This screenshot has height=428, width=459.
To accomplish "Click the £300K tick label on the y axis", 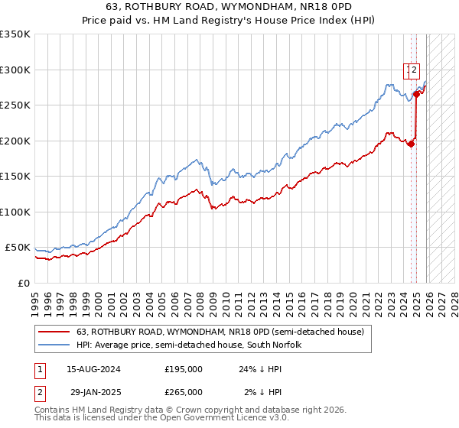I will point(15,70).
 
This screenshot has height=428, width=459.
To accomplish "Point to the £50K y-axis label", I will point(17,248).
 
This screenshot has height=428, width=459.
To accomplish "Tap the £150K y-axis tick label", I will point(15,177).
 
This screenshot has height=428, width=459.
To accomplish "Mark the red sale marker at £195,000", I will point(412,144).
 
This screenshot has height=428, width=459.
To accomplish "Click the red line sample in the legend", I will point(54,332).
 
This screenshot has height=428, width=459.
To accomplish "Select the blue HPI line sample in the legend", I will point(54,345).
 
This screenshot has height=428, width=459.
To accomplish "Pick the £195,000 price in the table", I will point(184,368).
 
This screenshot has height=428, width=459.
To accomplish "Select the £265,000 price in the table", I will point(184,391).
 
